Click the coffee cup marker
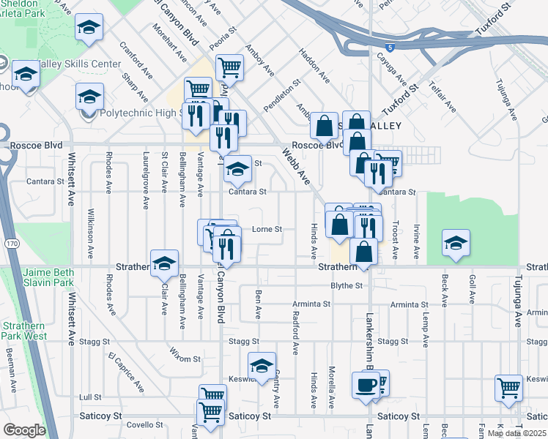pyautogui.click(x=366, y=384)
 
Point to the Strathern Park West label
pyautogui.click(x=24, y=331)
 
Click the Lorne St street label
pyautogui.click(x=267, y=229)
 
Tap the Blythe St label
pyautogui.click(x=347, y=285)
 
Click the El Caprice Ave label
pyautogui.click(x=126, y=370)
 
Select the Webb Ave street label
pyautogui.click(x=297, y=166)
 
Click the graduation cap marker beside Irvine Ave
pyautogui.click(x=455, y=243)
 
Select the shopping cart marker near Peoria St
pyautogui.click(x=230, y=67)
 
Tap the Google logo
pyautogui.click(x=23, y=430)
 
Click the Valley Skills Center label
pyautogui.click(x=78, y=64)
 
